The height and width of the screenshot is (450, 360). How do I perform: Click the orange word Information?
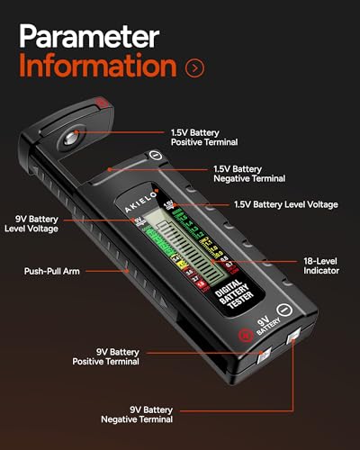pyautogui.click(x=97, y=67)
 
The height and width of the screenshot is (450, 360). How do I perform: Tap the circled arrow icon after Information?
pyautogui.click(x=193, y=67)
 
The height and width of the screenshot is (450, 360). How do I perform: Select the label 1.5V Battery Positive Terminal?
pyautogui.click(x=205, y=138)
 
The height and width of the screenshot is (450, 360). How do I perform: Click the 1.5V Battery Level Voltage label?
pyautogui.click(x=285, y=204)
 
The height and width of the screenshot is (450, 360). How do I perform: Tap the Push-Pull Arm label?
pyautogui.click(x=50, y=270)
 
